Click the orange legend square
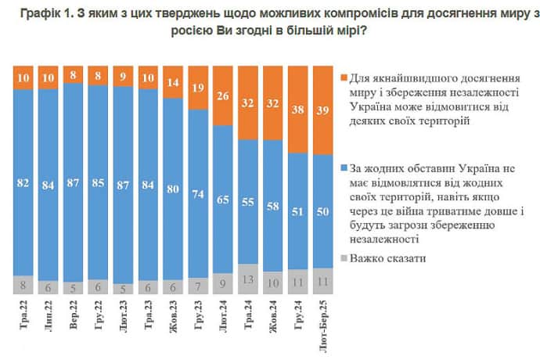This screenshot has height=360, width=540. click(345, 79)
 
